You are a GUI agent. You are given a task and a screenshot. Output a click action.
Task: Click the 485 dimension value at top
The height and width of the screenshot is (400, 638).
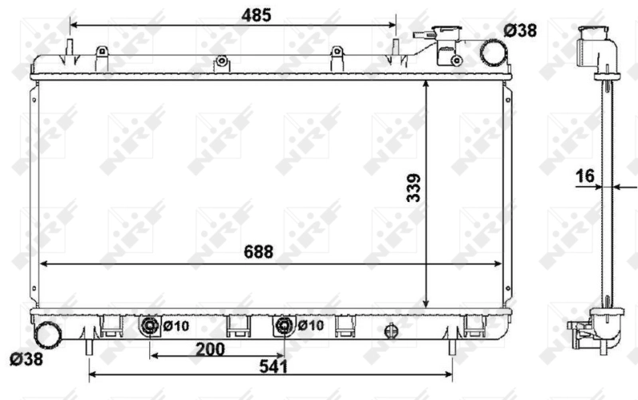[258, 14]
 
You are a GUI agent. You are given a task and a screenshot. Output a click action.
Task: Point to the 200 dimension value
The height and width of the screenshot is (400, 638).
[210, 349]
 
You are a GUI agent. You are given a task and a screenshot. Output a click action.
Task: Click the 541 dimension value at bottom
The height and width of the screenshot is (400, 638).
[272, 367]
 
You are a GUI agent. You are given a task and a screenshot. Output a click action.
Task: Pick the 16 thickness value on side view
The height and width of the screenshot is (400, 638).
[585, 176]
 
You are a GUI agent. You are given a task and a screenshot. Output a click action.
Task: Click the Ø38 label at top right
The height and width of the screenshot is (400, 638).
[520, 31]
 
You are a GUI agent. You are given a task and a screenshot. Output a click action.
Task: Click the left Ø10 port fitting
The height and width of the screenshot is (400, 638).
[151, 326]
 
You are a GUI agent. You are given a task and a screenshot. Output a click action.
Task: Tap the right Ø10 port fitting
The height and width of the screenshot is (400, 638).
[285, 326]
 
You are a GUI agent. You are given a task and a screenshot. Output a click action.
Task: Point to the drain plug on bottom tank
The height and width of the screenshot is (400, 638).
[391, 329]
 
